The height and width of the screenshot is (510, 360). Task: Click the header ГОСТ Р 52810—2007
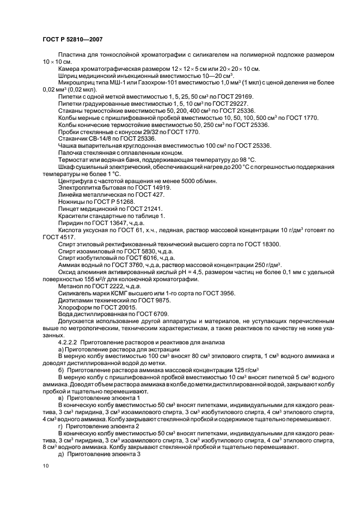click(x=72, y=40)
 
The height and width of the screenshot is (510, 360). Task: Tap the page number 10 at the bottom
click(x=46, y=467)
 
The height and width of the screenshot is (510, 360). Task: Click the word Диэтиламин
click(x=75, y=300)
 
